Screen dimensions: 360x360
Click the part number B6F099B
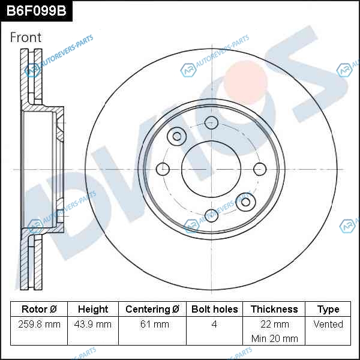[36, 11]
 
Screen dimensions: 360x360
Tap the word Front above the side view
[26, 37]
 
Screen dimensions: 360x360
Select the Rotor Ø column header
[39, 309]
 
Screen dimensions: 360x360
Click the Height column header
[93, 309]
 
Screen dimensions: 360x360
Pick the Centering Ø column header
[152, 309]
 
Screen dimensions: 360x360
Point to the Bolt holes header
[214, 309]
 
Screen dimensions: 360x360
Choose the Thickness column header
[274, 309]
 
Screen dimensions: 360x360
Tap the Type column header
[328, 310]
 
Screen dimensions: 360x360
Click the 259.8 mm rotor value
[39, 324]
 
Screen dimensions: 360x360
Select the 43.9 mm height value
[93, 324]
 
